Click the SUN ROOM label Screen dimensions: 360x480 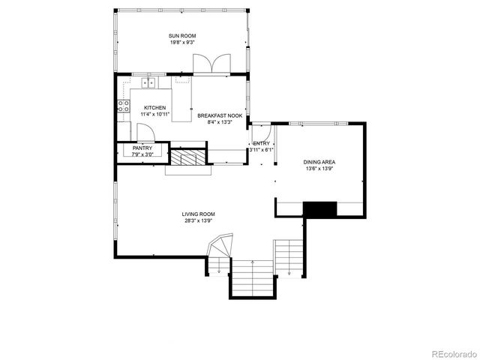[181, 35]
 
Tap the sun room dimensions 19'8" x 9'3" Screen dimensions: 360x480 [181, 43]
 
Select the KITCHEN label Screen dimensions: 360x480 [155, 107]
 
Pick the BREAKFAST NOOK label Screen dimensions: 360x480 [219, 115]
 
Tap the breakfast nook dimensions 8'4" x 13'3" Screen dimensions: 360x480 [219, 122]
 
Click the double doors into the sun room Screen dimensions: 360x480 [211, 65]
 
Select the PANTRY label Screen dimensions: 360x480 [142, 148]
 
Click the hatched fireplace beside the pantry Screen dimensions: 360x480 [187, 157]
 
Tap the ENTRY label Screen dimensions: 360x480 [261, 143]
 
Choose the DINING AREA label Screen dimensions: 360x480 [319, 162]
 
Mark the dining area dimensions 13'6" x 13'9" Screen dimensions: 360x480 [319, 169]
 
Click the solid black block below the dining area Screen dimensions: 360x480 [319, 209]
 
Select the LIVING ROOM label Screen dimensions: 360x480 [198, 214]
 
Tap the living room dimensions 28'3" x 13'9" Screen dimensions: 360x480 [198, 221]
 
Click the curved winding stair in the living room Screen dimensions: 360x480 [221, 247]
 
